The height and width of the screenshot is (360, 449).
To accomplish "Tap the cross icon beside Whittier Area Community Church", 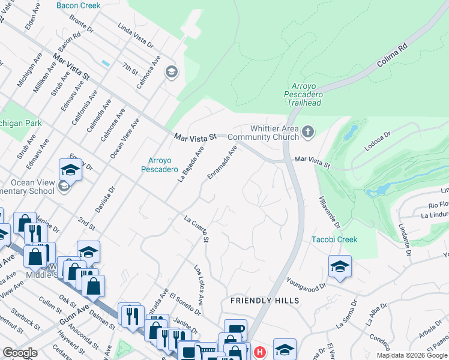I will [308, 131].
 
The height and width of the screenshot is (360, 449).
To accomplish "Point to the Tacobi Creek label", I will [334, 239].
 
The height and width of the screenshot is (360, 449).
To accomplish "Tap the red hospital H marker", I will [259, 352].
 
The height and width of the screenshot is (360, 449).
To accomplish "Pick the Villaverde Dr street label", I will [328, 207].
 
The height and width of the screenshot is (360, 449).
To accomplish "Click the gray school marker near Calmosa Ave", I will [171, 73].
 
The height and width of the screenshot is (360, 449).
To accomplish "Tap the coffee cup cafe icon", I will [235, 330].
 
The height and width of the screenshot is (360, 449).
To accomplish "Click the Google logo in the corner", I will [20, 353].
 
